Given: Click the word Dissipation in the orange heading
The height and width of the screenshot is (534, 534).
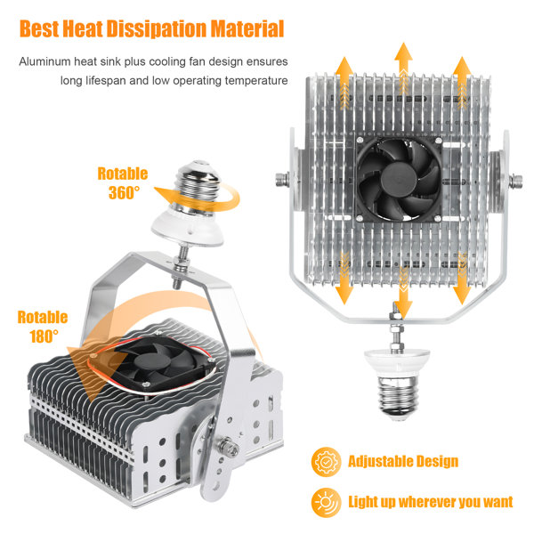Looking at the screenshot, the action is [157, 28].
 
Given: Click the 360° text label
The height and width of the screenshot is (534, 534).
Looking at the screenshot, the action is [124, 192].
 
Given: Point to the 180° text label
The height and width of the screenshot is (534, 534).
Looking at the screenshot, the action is [44, 336].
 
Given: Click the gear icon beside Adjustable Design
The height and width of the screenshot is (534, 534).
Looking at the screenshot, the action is [326, 462].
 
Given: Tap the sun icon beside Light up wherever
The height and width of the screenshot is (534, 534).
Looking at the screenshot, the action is [326, 502].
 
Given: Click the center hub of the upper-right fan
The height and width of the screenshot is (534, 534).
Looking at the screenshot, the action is [398, 179].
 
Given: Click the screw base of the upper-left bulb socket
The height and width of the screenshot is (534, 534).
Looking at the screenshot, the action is [198, 187].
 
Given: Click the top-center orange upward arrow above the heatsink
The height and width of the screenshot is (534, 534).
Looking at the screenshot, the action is [403, 69].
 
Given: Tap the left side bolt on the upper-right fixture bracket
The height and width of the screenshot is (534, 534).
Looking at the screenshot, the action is [282, 180].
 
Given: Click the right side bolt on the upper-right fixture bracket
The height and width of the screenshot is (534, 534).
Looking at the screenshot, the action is [515, 181].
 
